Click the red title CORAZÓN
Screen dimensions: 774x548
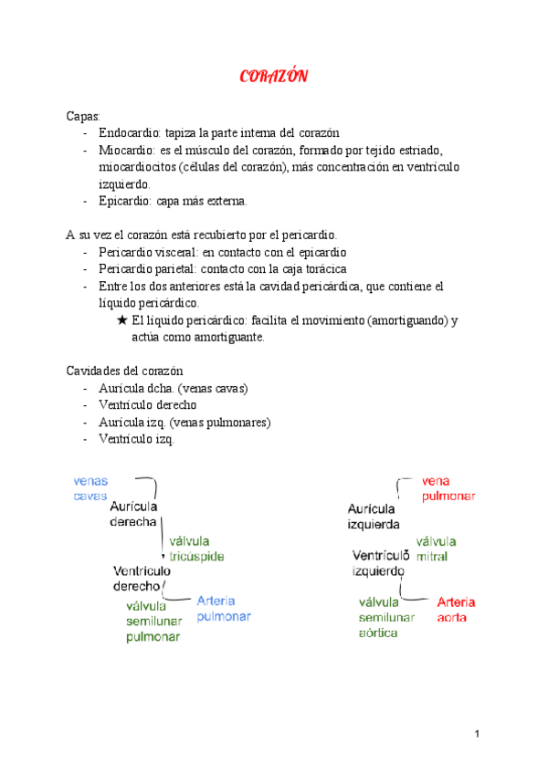coord(273,77)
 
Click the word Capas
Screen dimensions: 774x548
coord(83,117)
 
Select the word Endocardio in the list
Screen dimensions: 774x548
coord(128,133)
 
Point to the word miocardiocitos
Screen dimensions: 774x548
coord(139,167)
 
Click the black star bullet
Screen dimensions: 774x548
coord(122,320)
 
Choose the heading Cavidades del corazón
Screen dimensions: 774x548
coord(125,371)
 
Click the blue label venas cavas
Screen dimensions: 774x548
coord(90,488)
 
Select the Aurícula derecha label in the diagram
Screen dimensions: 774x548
coord(133,514)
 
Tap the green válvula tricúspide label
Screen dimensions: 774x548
coord(195,548)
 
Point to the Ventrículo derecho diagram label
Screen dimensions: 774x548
coord(136,578)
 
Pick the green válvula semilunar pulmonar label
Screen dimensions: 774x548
coord(153,621)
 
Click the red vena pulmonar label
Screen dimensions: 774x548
coord(448,488)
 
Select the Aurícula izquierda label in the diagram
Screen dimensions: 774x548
coord(373,517)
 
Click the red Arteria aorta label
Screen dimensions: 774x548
coord(456,609)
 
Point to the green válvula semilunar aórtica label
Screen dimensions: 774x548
coord(386,617)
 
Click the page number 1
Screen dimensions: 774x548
coord(477,734)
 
